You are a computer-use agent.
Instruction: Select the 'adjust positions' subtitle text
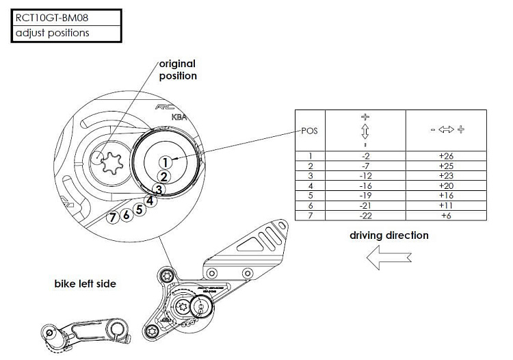53,33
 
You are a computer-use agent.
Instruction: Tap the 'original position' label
177,70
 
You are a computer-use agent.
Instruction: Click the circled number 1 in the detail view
165,162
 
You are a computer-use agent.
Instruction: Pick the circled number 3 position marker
158,190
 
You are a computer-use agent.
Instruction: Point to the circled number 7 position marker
114,217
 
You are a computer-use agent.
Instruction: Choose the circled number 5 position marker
140,209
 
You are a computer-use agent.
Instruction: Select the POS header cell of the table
309,130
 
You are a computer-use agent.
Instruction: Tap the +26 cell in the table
446,156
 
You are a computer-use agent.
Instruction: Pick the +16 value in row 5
446,195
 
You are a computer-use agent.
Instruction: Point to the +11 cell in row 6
446,205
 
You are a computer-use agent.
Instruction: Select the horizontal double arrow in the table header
446,129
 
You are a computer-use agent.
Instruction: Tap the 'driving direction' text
389,235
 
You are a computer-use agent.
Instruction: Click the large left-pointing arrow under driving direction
387,259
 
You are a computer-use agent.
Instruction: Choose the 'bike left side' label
85,283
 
